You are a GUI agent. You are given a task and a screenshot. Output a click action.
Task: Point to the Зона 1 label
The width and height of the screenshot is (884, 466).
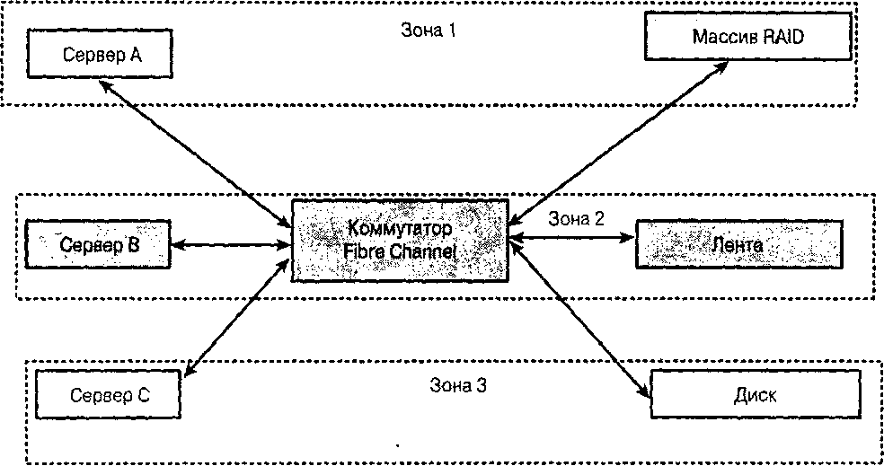click(429, 30)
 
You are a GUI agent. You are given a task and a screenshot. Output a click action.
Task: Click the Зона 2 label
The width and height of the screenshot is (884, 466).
click(577, 217)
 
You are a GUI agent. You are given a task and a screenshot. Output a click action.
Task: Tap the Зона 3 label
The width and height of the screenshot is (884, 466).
click(457, 387)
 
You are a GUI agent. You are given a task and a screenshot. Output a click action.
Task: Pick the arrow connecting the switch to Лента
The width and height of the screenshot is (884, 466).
click(570, 238)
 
